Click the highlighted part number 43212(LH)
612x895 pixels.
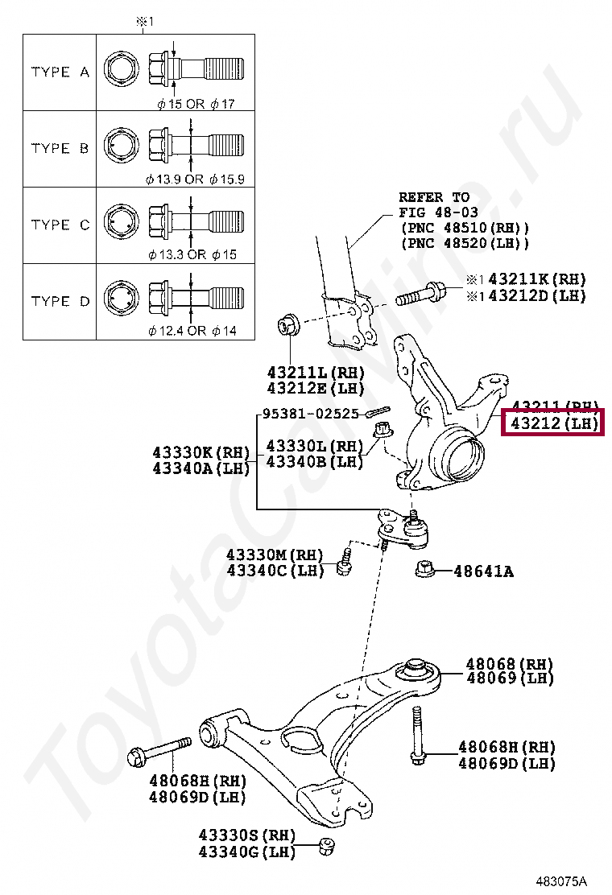tap(551, 423)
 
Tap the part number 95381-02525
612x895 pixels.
tap(310, 415)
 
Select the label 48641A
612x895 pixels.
tap(483, 571)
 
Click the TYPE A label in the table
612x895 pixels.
tap(60, 72)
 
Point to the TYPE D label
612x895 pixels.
tap(60, 301)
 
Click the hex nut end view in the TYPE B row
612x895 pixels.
tap(120, 148)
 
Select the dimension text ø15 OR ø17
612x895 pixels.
tap(196, 104)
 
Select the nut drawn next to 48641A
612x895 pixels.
tap(426, 571)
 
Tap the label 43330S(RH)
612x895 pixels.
tap(246, 835)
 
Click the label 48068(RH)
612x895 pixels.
tap(509, 664)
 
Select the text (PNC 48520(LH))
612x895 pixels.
tap(465, 243)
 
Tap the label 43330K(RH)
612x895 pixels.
tap(201, 452)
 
